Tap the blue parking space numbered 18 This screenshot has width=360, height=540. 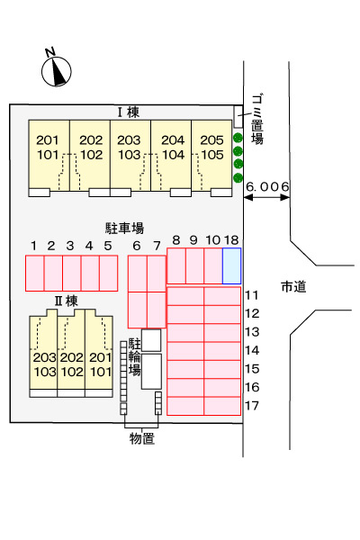(x=231, y=265)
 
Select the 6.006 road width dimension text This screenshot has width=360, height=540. (x=267, y=186)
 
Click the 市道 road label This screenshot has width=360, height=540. (x=293, y=286)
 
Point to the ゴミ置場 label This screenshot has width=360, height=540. (x=257, y=119)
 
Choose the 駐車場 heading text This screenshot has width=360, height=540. (x=124, y=228)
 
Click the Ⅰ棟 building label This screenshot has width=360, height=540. (x=129, y=112)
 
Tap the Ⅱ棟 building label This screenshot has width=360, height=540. (x=67, y=301)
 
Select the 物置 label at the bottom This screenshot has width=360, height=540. (x=142, y=438)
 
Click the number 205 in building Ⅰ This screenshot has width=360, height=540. (x=211, y=140)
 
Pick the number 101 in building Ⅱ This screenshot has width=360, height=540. (x=101, y=372)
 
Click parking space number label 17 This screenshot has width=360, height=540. (x=252, y=406)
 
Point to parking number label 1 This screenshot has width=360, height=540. (x=33, y=246)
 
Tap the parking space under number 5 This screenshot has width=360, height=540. (x=109, y=273)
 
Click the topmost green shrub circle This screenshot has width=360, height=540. (x=238, y=138)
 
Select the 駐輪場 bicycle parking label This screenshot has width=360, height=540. (x=135, y=356)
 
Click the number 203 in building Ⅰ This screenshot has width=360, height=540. (x=129, y=140)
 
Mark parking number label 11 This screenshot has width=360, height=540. (x=252, y=295)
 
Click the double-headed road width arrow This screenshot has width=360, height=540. (x=266, y=197)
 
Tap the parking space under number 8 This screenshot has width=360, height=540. (x=176, y=265)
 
